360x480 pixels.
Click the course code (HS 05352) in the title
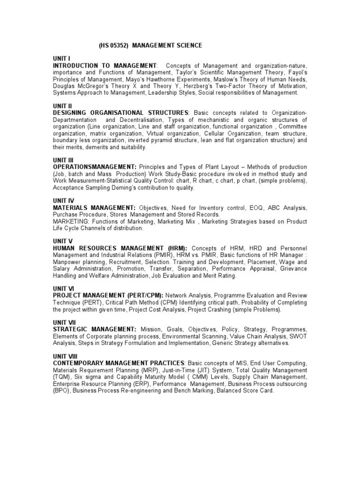113,45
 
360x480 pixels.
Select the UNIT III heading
62,160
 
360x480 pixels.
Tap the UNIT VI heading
62,288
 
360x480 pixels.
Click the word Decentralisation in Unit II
143,120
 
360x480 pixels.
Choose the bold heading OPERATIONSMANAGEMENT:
95,167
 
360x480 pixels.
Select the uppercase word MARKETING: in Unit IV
71,221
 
